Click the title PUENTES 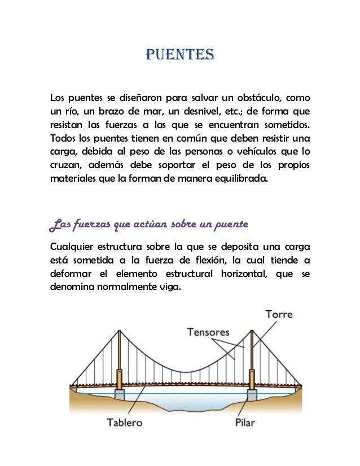coord(180,55)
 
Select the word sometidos coord(287,124)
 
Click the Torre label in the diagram coord(279,314)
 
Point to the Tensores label coord(209,332)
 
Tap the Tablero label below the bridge coord(125,423)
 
